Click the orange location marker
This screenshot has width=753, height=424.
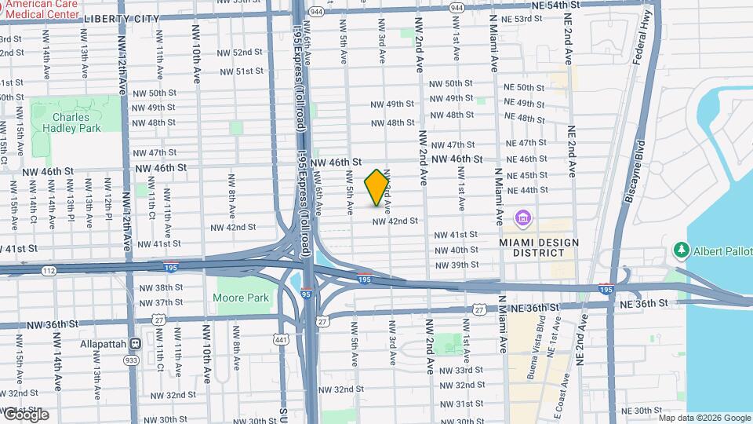(377, 188)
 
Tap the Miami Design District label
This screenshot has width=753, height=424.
(539, 247)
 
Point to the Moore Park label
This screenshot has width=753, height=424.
(241, 298)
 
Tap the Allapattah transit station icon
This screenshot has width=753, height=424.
(136, 343)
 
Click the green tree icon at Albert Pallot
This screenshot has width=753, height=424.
(681, 250)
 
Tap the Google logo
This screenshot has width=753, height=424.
(25, 414)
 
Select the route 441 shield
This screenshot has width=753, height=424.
(280, 339)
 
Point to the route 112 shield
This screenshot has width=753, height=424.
(49, 272)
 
